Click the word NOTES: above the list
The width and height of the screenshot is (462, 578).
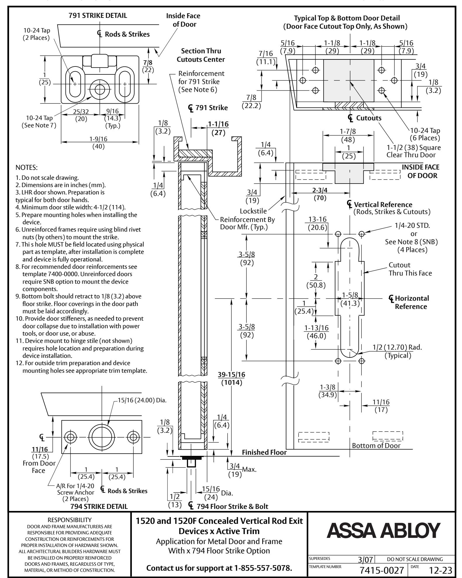pyautogui.click(x=26, y=168)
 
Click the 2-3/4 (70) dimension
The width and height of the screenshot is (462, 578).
pyautogui.click(x=320, y=194)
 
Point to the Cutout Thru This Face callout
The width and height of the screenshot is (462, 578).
pyautogui.click(x=410, y=269)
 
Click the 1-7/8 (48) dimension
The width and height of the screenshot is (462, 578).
pyautogui.click(x=348, y=136)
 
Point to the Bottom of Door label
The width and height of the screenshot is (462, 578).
pyautogui.click(x=376, y=446)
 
